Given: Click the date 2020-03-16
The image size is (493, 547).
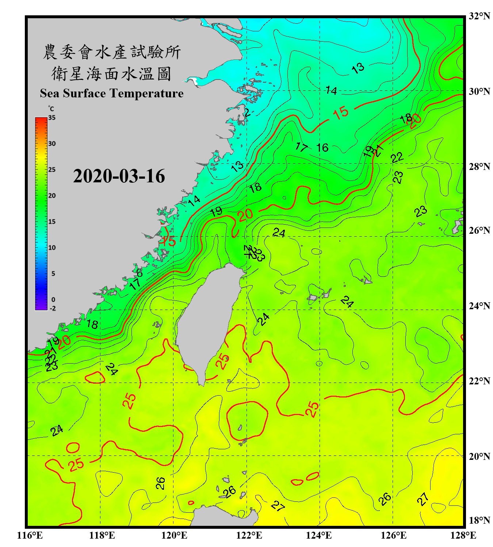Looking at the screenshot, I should (119, 176).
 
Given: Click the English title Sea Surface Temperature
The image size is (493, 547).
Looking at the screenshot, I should (112, 93).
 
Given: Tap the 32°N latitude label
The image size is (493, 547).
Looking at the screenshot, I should (479, 16).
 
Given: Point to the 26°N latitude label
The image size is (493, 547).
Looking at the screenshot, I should (479, 230).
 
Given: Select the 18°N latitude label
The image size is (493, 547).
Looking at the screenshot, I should (479, 520).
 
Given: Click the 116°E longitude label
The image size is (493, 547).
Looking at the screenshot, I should (30, 535).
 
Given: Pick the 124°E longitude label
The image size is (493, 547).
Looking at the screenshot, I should (319, 535).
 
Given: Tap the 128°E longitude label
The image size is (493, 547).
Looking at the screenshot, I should (463, 535).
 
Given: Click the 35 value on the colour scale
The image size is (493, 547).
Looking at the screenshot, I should (52, 118).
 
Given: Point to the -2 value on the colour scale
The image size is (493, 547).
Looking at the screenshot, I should (53, 309).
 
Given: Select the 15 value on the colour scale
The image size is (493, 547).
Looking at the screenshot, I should (52, 222).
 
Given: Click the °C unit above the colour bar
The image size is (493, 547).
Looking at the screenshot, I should (51, 109).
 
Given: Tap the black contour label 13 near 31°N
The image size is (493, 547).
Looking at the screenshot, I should (358, 68).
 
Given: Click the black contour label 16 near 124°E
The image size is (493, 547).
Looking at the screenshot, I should (322, 148).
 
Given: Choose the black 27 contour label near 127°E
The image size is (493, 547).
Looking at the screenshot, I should (423, 499).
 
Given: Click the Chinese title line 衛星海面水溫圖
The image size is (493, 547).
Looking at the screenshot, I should (112, 74).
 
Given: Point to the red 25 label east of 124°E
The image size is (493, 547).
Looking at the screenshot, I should (312, 409).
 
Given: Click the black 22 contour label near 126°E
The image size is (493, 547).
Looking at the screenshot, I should (397, 158).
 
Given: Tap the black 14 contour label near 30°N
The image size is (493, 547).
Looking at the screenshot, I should (331, 90).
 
